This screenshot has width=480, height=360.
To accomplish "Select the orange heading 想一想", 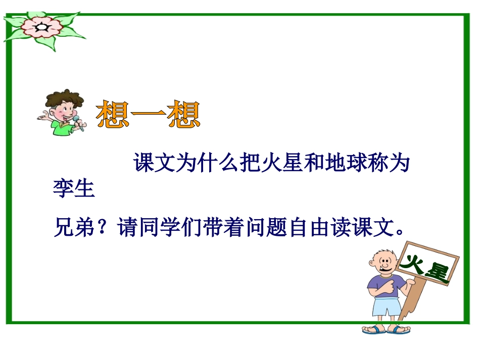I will click(x=148, y=115).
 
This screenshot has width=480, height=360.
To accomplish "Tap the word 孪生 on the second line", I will click(x=74, y=190).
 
